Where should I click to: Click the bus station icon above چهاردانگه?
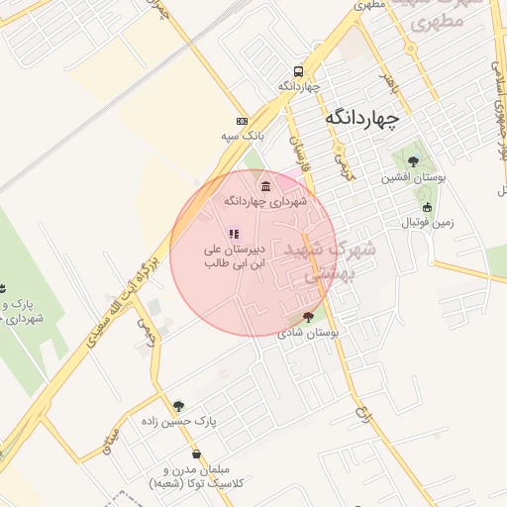click(298, 71)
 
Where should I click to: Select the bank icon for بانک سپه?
click(243, 120)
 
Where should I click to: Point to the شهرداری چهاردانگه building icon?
click(264, 186)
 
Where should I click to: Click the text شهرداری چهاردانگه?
click(265, 201)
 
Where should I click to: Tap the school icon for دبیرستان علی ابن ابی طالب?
click(234, 235)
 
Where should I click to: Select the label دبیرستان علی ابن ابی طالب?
click(234, 257)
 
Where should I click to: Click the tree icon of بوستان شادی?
click(308, 317)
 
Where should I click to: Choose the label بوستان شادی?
click(310, 334)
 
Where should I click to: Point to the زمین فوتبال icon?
click(427, 208)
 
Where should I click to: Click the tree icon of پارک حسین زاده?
click(178, 405)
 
